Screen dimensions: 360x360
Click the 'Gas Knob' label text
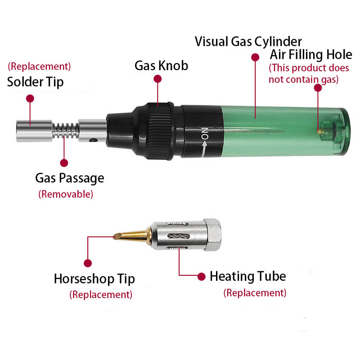click(x=161, y=66)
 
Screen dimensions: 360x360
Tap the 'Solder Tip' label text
click(x=35, y=82)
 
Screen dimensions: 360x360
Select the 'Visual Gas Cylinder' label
click(x=248, y=41)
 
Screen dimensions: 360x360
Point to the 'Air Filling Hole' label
click(x=311, y=54)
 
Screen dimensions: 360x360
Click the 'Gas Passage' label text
click(x=70, y=178)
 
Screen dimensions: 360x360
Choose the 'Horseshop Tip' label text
click(x=94, y=279)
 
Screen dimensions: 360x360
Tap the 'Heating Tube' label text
click(x=248, y=276)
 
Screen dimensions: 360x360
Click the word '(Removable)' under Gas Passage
click(x=66, y=194)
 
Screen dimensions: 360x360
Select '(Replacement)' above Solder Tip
click(x=39, y=67)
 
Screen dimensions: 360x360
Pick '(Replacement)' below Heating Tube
click(x=255, y=293)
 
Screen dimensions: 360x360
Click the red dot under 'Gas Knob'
click(x=157, y=79)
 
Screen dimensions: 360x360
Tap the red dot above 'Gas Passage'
click(x=64, y=163)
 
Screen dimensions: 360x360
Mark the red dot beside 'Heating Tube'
click(x=201, y=277)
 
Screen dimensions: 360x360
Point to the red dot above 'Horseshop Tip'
click(x=88, y=263)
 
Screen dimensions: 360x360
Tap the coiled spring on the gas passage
click(x=66, y=130)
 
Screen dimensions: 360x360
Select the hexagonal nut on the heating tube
click(x=212, y=234)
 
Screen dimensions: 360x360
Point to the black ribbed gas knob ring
click(x=160, y=131)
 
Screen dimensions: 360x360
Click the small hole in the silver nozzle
click(x=93, y=139)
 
